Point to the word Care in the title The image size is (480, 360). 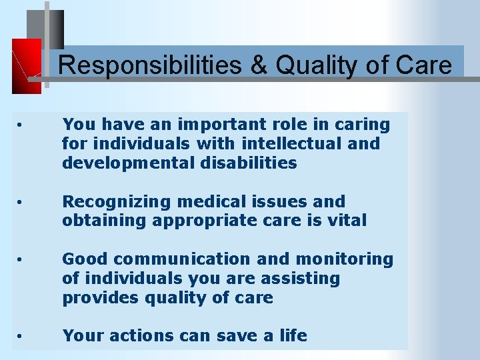422,66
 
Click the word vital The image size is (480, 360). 347,220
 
